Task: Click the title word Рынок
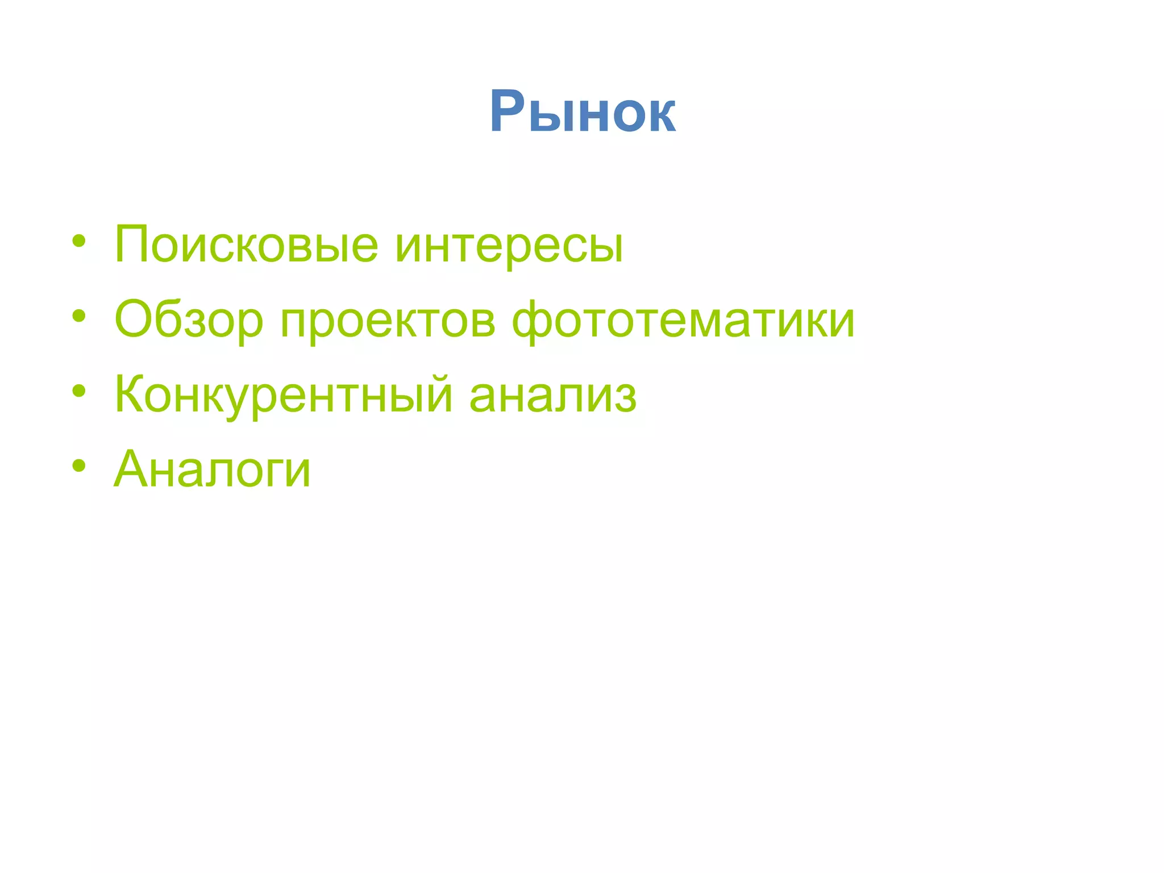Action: point(583,112)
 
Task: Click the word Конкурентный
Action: point(283,394)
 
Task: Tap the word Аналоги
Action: point(212,469)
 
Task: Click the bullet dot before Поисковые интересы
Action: point(79,241)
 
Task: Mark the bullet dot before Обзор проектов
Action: point(79,316)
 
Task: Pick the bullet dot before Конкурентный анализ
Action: point(79,390)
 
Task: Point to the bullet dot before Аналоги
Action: point(79,465)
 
